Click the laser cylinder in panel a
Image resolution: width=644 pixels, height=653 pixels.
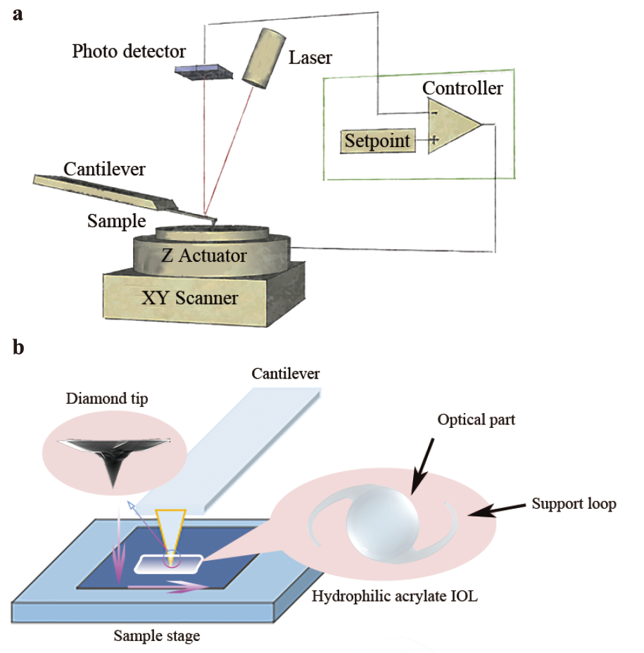[x=261, y=58]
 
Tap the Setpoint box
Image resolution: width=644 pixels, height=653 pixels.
[x=377, y=141]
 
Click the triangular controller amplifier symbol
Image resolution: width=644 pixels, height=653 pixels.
[x=450, y=125]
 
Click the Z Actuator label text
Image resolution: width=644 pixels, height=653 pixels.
[x=204, y=255]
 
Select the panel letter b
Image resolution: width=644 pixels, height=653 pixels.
[x=19, y=348]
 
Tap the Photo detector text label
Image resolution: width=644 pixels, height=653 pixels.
[x=129, y=51]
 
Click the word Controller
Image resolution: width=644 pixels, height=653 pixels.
[x=462, y=88]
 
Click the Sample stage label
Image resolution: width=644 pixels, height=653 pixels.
[x=156, y=636]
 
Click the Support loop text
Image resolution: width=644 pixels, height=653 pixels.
[x=574, y=504]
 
